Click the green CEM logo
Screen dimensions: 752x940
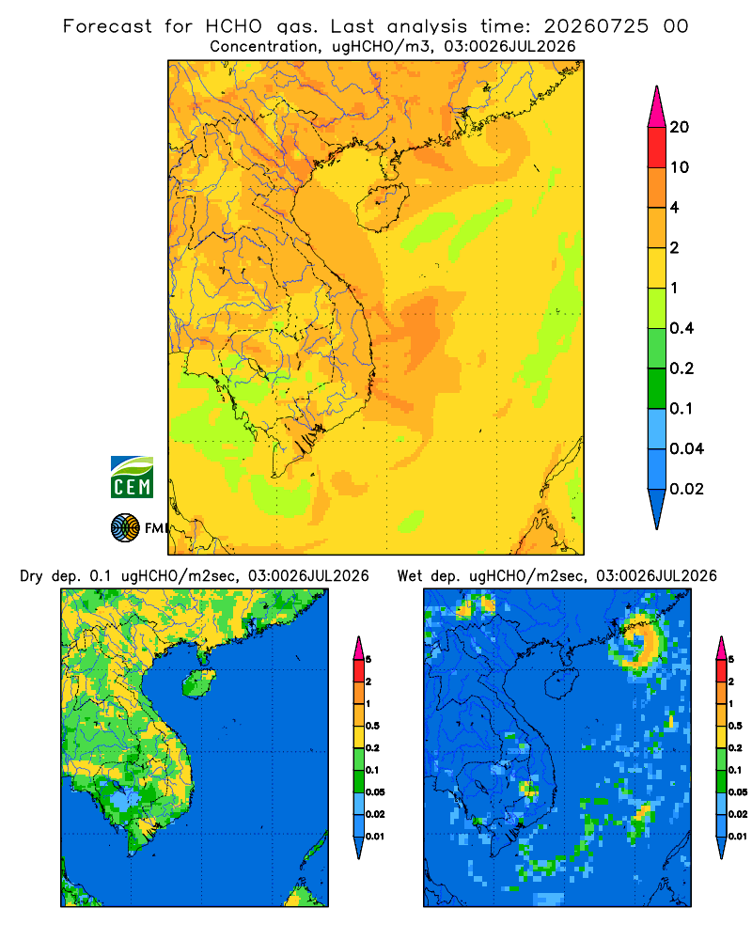pos(132,478)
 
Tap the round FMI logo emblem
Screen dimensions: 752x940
pos(125,527)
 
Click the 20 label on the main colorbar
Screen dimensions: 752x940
pos(680,127)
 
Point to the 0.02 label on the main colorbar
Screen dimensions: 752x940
pos(686,489)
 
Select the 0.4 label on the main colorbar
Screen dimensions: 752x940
pos(681,328)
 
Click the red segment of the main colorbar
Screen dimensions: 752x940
pos(657,148)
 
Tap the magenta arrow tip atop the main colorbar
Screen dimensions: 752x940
pos(657,106)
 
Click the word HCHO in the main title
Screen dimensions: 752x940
pos(234,26)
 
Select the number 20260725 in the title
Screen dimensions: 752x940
pos(596,26)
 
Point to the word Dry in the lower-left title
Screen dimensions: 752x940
pos(31,577)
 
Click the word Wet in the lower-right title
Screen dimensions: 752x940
pos(410,576)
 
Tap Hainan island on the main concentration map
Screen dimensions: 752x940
pos(383,207)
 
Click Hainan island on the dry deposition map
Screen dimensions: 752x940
pos(198,683)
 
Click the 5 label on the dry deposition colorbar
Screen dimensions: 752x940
pos(368,660)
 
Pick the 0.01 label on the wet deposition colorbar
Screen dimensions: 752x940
pos(738,837)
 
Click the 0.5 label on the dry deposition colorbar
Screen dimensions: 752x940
pos(372,726)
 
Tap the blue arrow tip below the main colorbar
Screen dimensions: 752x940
pos(657,509)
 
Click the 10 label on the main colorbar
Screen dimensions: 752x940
pos(680,167)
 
